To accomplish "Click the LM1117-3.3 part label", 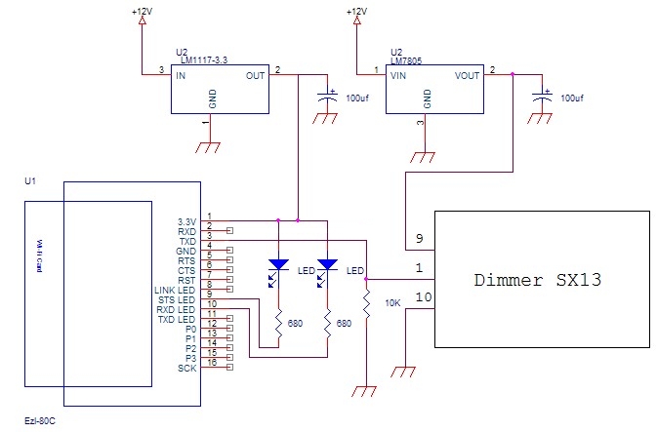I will [x=203, y=61].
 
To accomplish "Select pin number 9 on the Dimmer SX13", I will [x=419, y=237].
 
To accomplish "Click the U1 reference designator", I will [x=29, y=181].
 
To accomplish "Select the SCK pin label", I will [x=186, y=368].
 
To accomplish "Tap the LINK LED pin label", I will [x=176, y=291].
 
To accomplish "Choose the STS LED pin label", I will [x=178, y=300].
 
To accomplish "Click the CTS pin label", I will [x=186, y=271].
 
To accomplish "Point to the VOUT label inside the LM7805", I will [x=467, y=74].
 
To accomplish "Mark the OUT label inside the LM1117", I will [x=254, y=74].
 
